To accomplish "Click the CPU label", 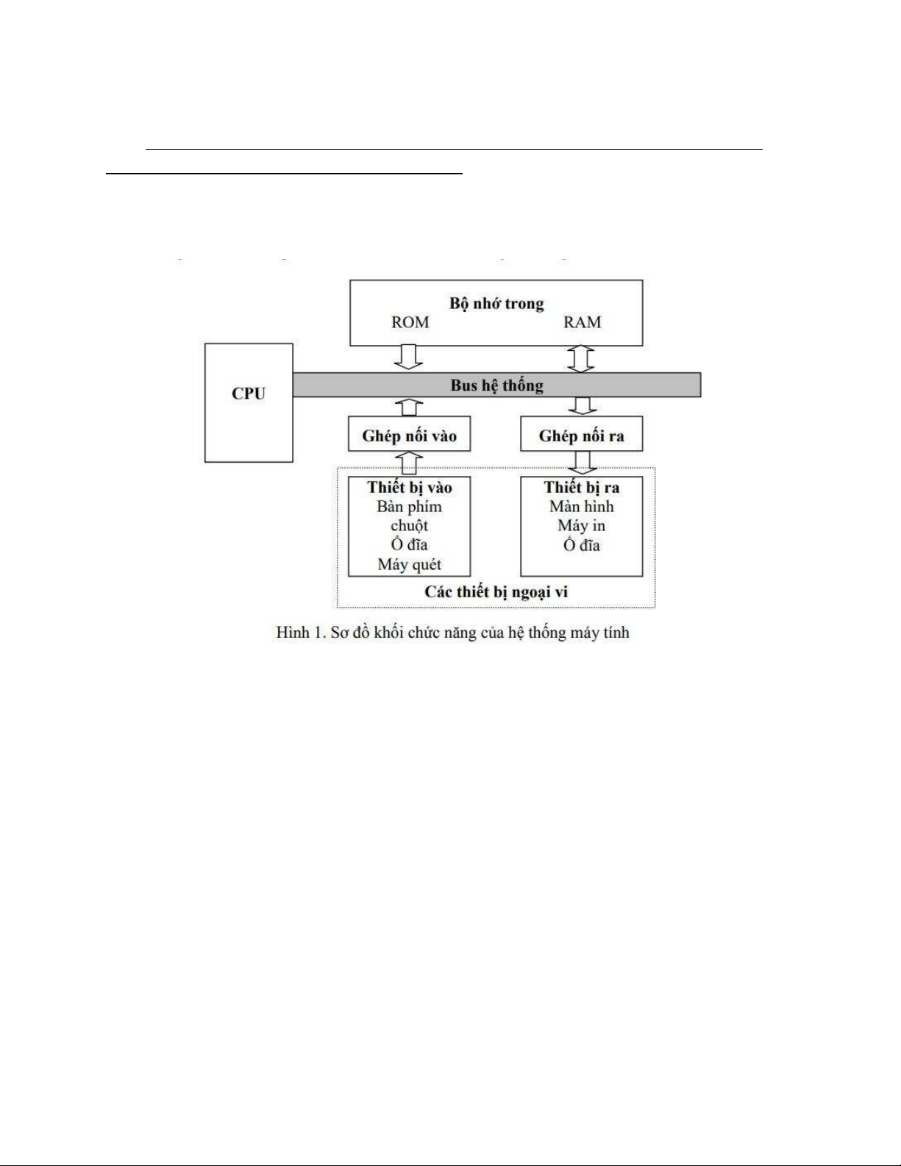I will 249,394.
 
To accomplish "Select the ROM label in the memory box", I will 410,322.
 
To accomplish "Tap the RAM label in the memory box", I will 582,322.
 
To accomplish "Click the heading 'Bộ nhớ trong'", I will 496,303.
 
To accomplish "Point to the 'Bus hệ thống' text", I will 496,385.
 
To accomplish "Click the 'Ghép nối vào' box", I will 409,435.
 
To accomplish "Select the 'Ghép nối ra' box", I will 581,435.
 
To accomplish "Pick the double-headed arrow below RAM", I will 581,359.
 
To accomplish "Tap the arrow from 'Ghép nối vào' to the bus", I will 409,407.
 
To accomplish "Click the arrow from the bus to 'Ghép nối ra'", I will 583,406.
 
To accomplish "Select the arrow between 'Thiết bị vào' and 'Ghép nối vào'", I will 409,463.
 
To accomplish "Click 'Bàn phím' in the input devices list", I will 409,506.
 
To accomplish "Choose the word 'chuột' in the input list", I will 409,525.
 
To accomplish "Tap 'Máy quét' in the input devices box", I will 409,564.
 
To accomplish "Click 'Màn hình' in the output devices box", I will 581,506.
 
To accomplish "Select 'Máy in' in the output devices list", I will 581,525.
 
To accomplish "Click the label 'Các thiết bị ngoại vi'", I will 496,592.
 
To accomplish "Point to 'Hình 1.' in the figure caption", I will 300,633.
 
